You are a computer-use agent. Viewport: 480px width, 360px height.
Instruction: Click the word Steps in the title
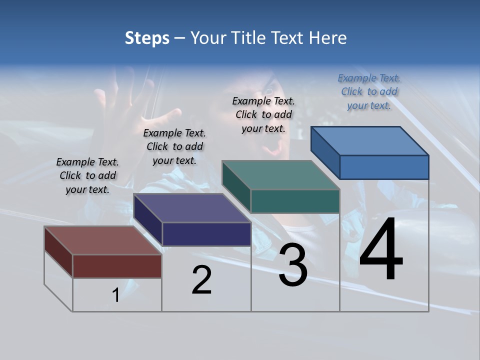147,38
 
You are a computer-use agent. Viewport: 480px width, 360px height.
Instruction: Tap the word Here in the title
328,38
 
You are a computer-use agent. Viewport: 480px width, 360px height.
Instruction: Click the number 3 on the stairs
293,265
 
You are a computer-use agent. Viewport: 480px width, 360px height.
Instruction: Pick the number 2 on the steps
202,280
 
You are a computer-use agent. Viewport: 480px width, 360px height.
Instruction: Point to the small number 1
115,295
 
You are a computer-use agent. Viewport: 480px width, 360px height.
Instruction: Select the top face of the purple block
192,208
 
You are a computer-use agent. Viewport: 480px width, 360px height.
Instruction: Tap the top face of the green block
280,175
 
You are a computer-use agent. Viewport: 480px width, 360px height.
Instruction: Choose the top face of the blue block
369,141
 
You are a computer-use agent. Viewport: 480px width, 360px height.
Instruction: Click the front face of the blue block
384,167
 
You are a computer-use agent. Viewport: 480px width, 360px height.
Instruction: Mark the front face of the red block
117,266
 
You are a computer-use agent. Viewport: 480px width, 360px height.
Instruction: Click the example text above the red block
87,175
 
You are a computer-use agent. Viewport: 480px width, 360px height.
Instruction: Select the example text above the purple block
174,146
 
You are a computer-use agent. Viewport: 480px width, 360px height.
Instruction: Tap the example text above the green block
263,114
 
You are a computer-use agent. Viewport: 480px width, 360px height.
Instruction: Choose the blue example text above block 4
369,91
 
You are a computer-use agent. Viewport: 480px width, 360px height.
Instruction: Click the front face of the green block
295,201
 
